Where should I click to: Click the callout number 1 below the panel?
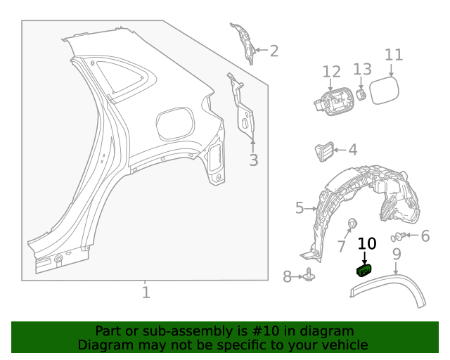tap(146, 292)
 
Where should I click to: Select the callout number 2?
tap(274, 51)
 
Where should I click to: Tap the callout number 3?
tap(254, 160)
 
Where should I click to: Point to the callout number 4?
tap(352, 150)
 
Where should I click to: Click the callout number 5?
tap(300, 208)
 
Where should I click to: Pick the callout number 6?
tap(425, 236)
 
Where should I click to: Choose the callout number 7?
tap(341, 247)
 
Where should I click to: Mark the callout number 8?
tap(287, 277)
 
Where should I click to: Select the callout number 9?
tap(397, 254)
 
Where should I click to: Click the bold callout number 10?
tap(367, 244)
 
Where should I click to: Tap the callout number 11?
tap(394, 55)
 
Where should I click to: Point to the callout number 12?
tap(331, 72)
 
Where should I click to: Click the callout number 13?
tap(362, 69)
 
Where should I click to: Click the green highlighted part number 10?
tap(365, 271)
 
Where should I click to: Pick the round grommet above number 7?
tap(352, 224)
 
